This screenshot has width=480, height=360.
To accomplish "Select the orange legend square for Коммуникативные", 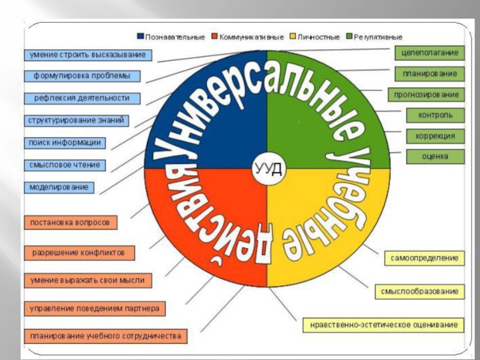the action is coord(214,37).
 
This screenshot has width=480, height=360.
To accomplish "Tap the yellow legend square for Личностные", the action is coord(292,37).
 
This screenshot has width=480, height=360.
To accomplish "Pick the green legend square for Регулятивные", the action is coord(350,37).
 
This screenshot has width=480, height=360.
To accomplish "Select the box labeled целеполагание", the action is coord(430,53).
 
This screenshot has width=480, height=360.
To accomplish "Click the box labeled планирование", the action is coord(430,74).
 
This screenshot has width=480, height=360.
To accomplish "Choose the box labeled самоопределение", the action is coord(424,259).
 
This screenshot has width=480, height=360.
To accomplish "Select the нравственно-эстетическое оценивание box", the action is coord(384,325).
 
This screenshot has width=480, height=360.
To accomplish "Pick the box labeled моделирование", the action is coord(59,187).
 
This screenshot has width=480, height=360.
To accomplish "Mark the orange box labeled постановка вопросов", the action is coord(70,223).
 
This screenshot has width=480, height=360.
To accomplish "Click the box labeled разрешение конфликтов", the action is coord(79,253).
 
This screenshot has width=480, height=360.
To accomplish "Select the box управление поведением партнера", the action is coord(94,309).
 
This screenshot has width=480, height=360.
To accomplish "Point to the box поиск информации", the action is coord(65,143).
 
